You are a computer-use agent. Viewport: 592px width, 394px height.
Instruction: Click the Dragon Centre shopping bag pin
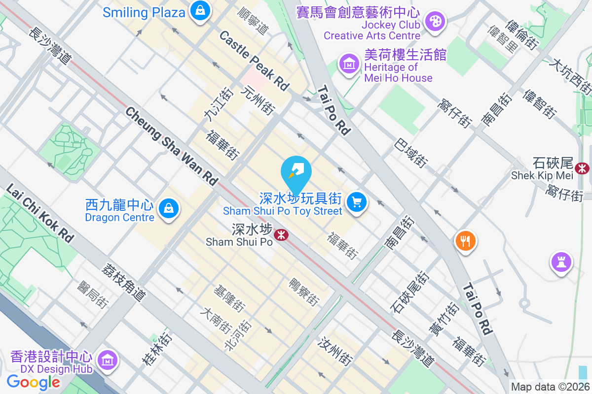tap(169, 209)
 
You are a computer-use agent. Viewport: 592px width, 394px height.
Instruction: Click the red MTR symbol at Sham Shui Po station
tap(282, 234)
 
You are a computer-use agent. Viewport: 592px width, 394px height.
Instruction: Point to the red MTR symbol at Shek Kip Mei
tap(582, 168)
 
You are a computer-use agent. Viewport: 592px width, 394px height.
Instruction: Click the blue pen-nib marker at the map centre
tap(296, 172)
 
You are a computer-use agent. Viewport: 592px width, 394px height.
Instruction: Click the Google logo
tap(34, 382)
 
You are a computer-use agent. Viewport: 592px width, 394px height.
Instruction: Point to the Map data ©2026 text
tap(550, 387)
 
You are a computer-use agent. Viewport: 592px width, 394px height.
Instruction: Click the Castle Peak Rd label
tap(254, 60)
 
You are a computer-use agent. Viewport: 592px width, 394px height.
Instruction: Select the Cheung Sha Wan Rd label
tap(171, 146)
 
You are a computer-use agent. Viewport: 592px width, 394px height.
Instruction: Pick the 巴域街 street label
tap(411, 152)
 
